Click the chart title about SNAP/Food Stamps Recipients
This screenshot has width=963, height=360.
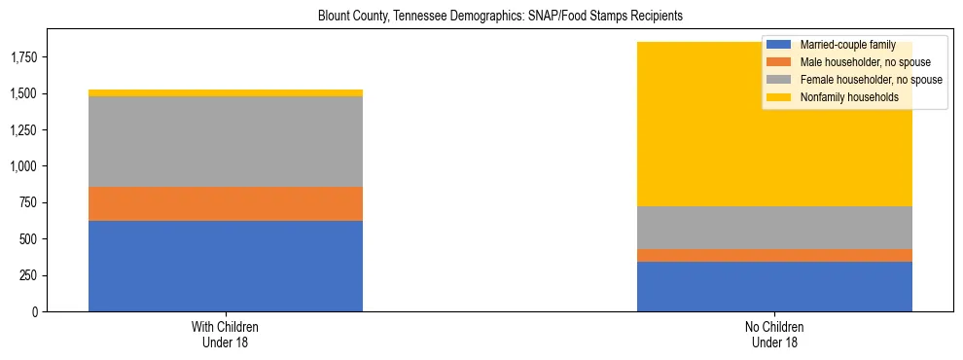tap(501, 17)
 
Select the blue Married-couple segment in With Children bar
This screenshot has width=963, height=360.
tap(226, 266)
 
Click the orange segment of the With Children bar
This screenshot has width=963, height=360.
tap(226, 203)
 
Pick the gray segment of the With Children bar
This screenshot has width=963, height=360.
tap(226, 141)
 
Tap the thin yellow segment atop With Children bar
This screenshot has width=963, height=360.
tap(226, 93)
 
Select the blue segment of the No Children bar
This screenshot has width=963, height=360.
tap(774, 286)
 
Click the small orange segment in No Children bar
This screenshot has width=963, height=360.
tap(774, 255)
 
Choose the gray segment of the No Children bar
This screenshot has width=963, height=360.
tap(774, 228)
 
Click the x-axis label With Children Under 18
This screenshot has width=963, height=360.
tap(226, 335)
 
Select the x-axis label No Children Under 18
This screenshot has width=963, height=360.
tap(774, 335)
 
